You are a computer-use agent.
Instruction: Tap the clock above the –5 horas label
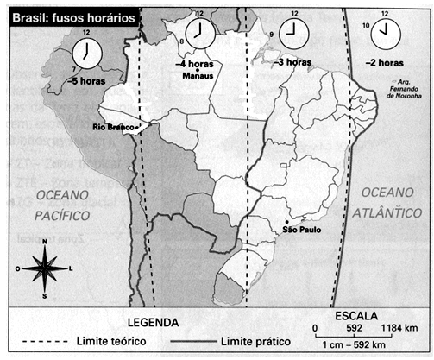pos(87,54)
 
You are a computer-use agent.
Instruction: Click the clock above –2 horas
pos(383,35)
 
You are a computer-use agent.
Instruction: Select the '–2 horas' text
pos(383,63)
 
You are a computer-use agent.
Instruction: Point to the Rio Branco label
pos(113,128)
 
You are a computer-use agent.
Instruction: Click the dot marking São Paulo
pos(298,221)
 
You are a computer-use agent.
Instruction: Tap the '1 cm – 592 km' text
pos(364,344)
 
